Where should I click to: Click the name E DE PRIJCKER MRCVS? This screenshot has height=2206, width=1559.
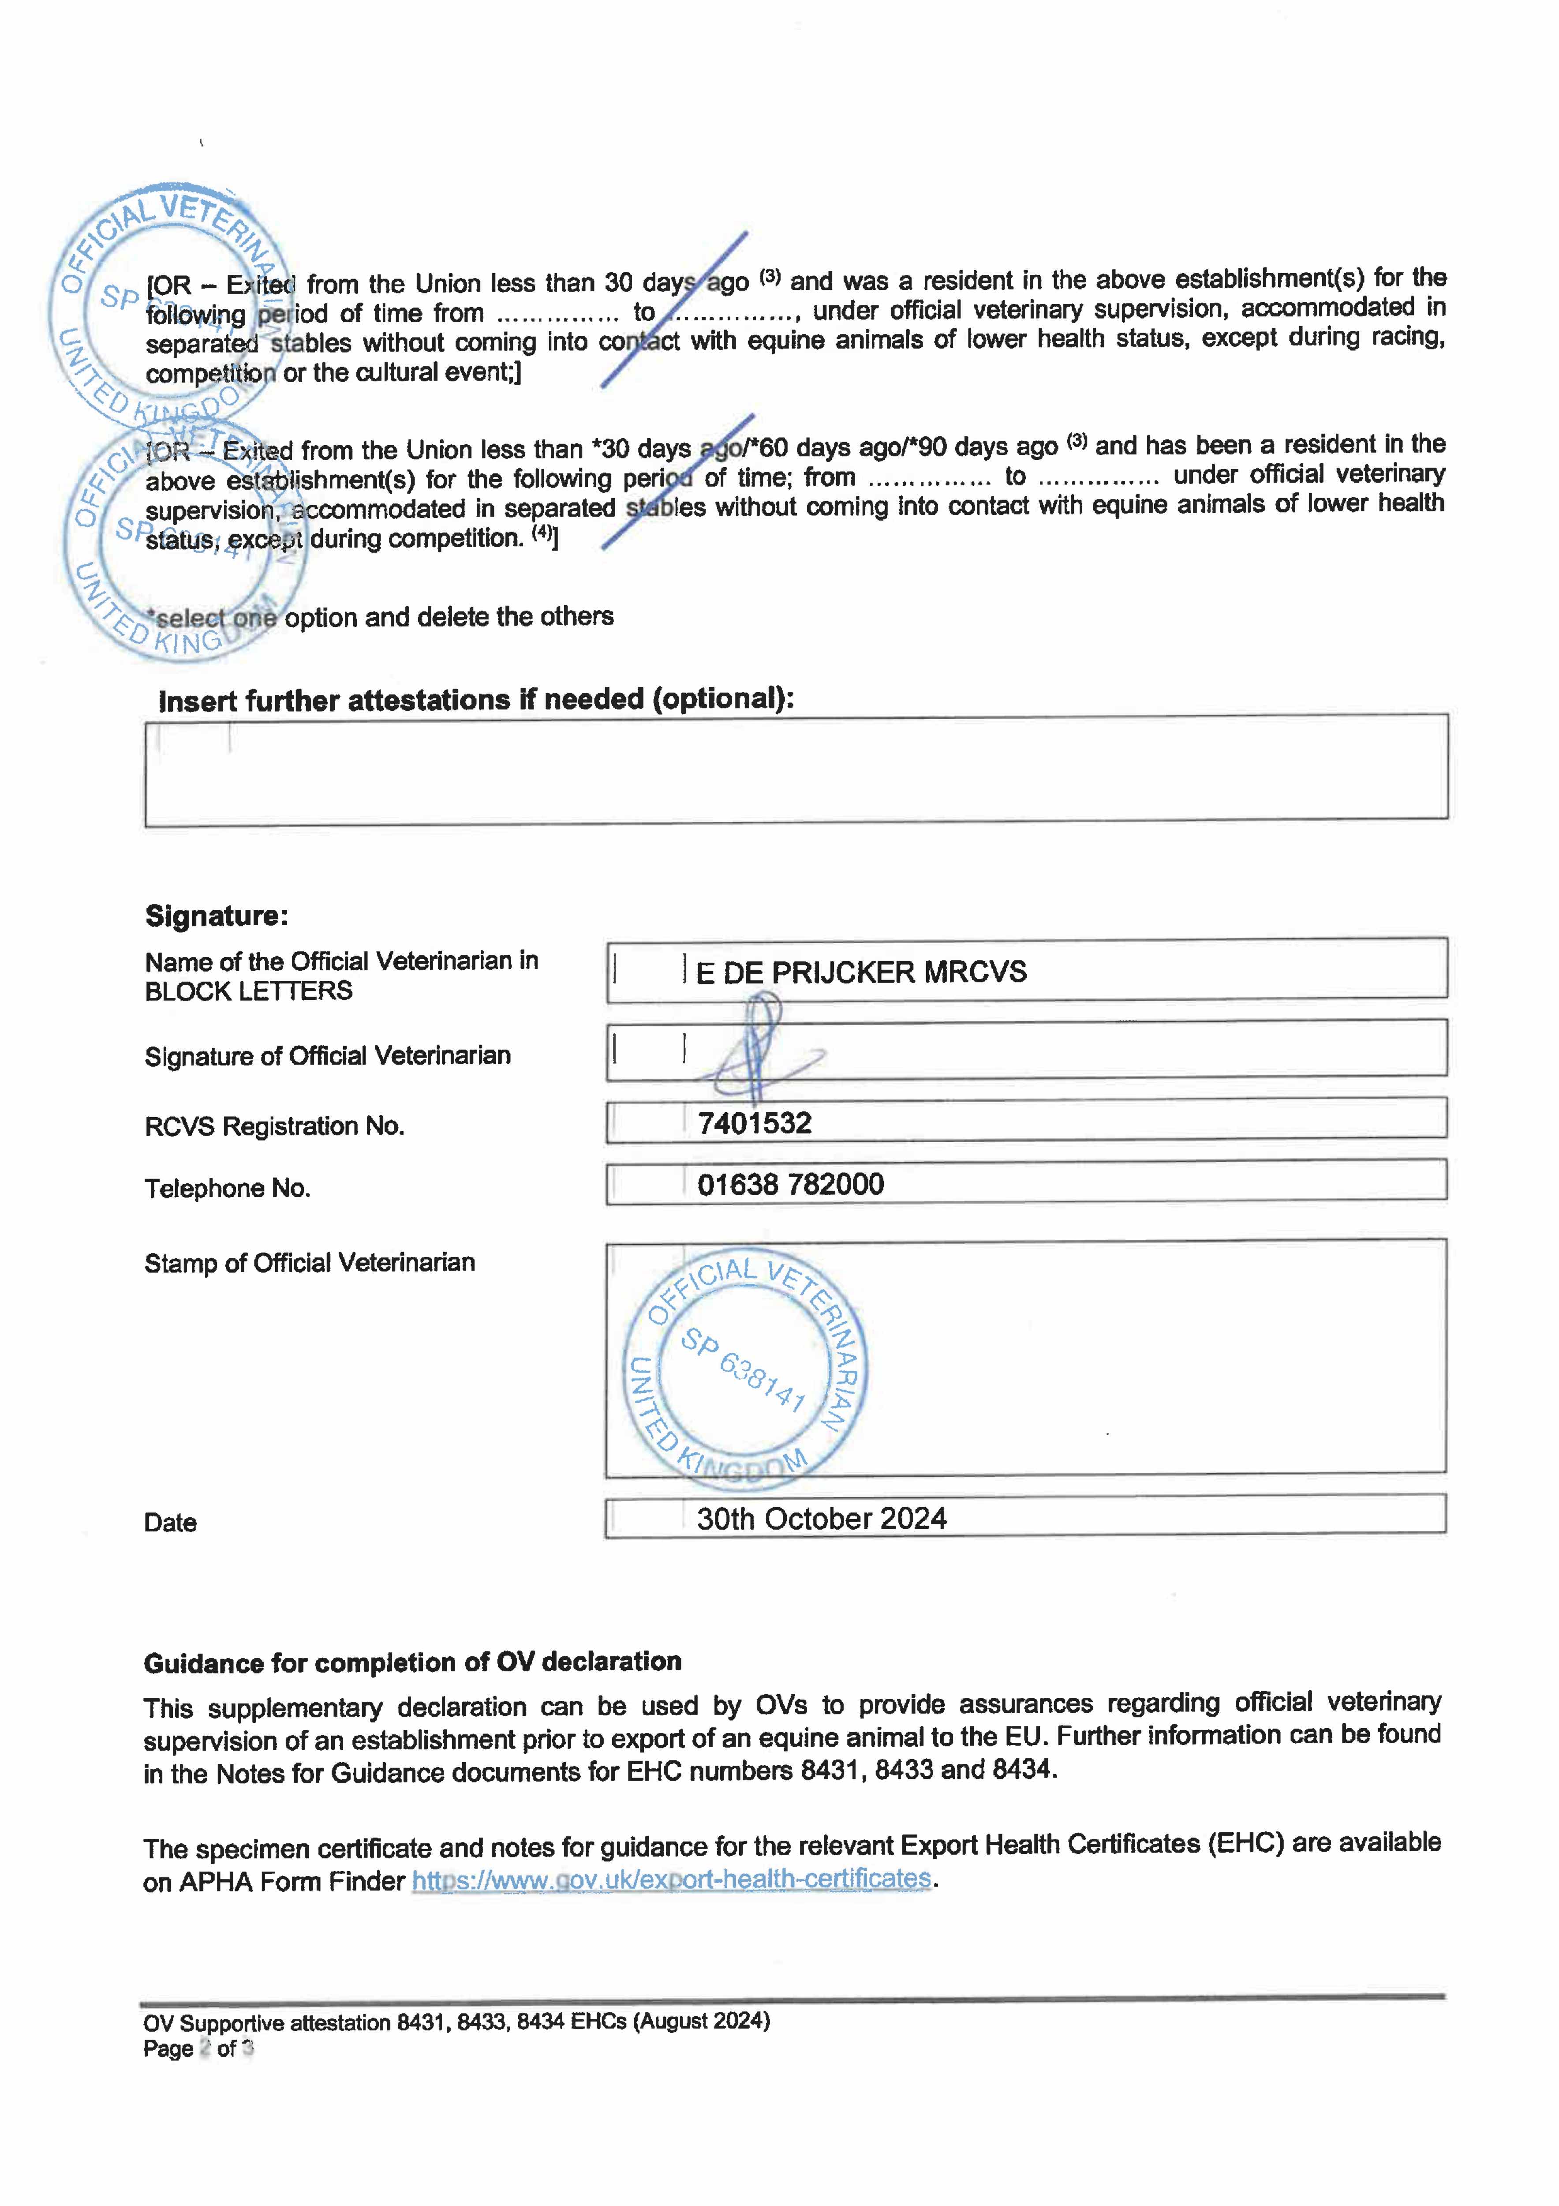click(861, 972)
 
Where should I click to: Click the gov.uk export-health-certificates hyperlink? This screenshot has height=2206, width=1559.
click(671, 1880)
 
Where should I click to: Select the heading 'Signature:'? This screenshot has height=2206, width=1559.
click(216, 915)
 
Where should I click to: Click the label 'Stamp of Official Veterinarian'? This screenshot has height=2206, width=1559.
click(309, 1262)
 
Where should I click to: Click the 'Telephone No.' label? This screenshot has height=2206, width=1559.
click(227, 1189)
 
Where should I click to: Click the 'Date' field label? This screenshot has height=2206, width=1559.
click(170, 1523)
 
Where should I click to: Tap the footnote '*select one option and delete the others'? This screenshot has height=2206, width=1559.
click(379, 617)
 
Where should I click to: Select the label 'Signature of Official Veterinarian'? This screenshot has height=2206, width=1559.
click(328, 1056)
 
